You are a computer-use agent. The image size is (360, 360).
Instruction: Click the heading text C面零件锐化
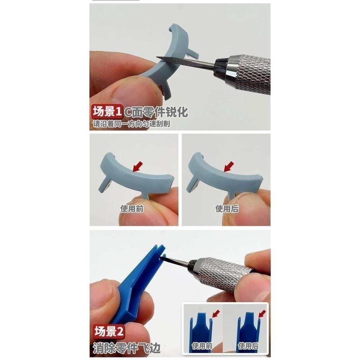[x=156, y=112]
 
